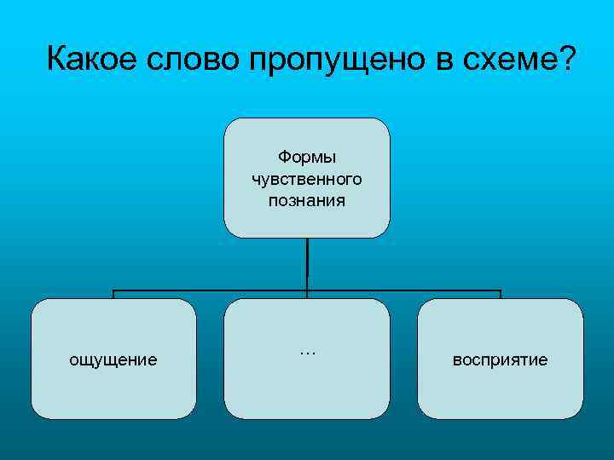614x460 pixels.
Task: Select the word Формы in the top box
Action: tap(307, 158)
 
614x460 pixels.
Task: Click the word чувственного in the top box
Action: tap(307, 179)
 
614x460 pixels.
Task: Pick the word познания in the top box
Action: tap(307, 200)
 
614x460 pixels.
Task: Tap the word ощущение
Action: tap(113, 360)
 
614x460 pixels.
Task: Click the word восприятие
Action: tap(501, 360)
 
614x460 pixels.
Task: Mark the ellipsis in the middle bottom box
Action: tap(307, 352)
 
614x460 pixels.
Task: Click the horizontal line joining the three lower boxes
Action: tap(213, 290)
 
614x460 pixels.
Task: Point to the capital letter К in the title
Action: tap(57, 59)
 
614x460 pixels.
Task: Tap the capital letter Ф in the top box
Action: tap(283, 158)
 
